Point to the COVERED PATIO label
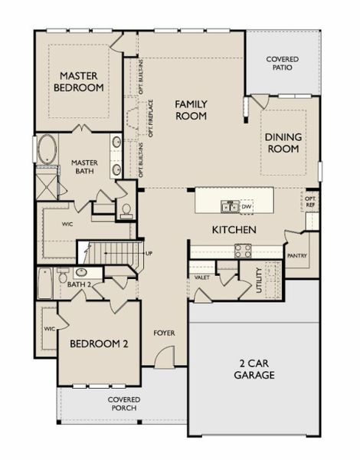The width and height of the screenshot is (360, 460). (282, 64)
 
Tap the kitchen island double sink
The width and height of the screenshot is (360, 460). (228, 205)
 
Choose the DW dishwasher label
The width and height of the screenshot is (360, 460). (247, 205)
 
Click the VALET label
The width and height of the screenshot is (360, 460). (202, 278)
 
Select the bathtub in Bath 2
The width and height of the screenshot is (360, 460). (45, 284)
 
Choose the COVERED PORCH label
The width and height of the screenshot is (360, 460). (123, 404)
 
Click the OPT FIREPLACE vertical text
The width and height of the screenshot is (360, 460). (151, 119)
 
